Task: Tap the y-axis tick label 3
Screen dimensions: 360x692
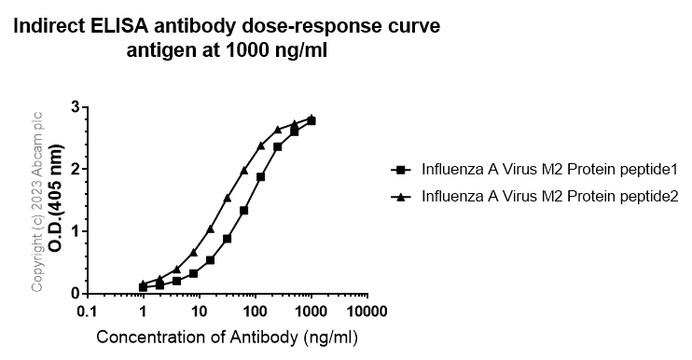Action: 75,107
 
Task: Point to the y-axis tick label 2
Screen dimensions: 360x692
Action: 75,169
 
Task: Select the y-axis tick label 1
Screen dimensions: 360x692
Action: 75,231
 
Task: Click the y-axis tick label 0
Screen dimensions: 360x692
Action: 75,293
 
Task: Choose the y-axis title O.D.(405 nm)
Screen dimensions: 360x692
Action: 57,201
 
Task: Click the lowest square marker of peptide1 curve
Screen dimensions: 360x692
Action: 143,287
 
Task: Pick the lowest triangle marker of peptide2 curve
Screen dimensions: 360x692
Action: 143,284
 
